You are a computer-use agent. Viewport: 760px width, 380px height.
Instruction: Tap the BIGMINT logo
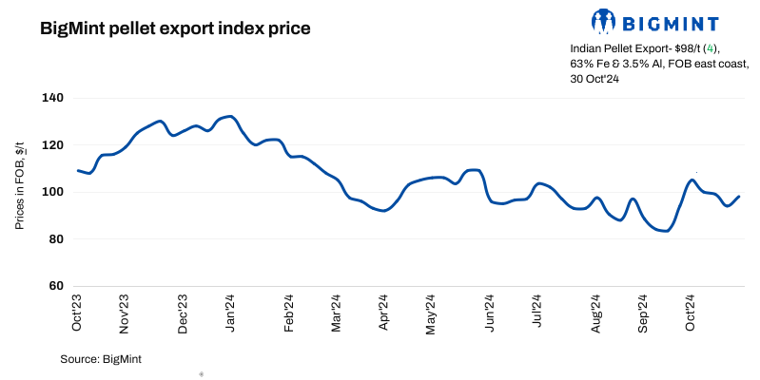click(x=655, y=21)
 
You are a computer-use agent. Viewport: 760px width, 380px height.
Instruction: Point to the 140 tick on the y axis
click(x=52, y=98)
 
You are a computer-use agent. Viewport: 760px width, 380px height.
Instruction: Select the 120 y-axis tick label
click(x=52, y=144)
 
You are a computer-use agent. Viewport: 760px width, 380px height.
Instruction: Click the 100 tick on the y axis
click(x=52, y=192)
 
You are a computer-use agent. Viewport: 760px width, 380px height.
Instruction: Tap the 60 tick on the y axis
click(x=55, y=286)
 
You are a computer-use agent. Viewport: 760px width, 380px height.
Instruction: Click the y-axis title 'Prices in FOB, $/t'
click(x=19, y=191)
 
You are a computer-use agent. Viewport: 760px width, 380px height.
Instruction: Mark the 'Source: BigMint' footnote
click(x=101, y=358)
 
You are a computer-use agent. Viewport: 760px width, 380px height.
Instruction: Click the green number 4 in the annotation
click(x=711, y=47)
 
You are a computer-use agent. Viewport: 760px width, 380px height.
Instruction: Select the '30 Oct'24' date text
click(x=595, y=79)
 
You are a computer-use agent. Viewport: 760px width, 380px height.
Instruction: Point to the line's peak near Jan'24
click(x=230, y=117)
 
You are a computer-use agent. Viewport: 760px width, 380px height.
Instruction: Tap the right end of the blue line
click(x=739, y=197)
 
